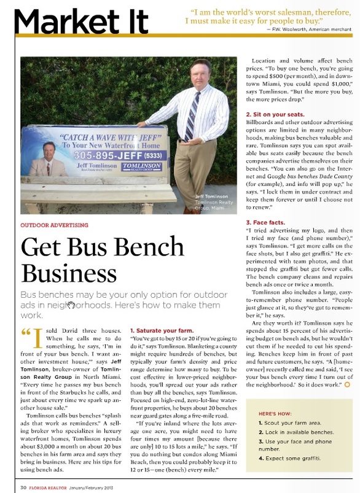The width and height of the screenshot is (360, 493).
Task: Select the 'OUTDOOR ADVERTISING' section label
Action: click(x=55, y=225)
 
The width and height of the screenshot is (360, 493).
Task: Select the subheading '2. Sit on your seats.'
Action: click(x=275, y=115)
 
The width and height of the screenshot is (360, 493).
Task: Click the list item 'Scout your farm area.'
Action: click(x=288, y=424)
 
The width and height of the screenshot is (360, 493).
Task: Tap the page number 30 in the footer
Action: click(x=23, y=487)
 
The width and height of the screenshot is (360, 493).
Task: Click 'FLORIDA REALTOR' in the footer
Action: click(x=50, y=487)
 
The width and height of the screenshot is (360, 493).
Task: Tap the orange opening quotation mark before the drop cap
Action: click(x=26, y=333)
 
